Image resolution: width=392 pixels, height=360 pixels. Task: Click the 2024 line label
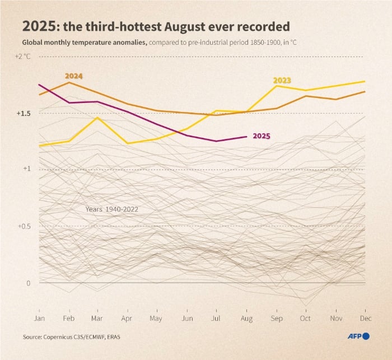73,76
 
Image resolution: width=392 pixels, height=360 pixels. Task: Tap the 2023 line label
282,81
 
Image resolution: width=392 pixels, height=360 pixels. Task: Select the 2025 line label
262,135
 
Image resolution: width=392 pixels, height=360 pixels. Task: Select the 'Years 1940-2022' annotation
112,209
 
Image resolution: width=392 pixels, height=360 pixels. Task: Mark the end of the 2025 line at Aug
246,137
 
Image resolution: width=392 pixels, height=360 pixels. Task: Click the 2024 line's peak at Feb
68,82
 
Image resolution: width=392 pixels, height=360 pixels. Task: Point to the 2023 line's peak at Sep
277,86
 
